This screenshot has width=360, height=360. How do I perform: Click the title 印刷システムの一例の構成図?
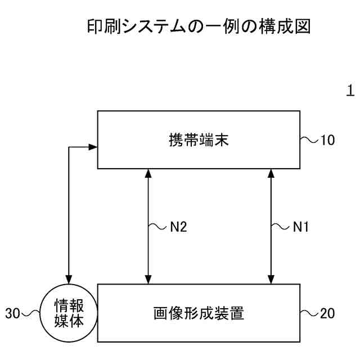pyautogui.click(x=199, y=26)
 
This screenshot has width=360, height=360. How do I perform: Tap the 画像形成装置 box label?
pyautogui.click(x=199, y=313)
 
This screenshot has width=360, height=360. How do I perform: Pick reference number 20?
pyautogui.click(x=327, y=313)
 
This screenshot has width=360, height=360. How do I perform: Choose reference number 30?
pyautogui.click(x=13, y=313)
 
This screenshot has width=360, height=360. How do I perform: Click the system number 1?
pyautogui.click(x=350, y=91)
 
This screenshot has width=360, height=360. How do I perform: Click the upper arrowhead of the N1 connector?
pyautogui.click(x=271, y=173)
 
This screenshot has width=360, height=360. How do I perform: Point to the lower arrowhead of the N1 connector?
pyautogui.click(x=271, y=280)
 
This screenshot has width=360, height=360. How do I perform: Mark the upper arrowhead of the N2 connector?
pyautogui.click(x=148, y=173)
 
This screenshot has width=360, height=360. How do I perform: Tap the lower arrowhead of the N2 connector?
pyautogui.click(x=148, y=280)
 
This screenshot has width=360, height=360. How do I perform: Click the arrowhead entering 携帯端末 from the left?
pyautogui.click(x=93, y=147)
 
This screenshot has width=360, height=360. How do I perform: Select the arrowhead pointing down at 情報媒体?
pyautogui.click(x=69, y=278)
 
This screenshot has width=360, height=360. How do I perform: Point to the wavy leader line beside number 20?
pyautogui.click(x=308, y=313)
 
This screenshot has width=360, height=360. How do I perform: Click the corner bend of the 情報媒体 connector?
pyautogui.click(x=69, y=147)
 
